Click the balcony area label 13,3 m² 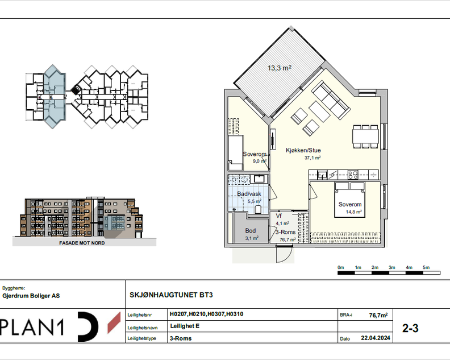[280, 68]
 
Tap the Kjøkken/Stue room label [303, 150]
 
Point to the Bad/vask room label [249, 194]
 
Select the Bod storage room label [251, 231]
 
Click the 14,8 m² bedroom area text [353, 212]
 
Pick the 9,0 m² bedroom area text [260, 161]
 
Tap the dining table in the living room [366, 136]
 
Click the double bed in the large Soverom [349, 200]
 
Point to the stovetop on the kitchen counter [353, 175]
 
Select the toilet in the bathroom [258, 209]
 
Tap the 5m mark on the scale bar [426, 267]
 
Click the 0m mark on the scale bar [341, 267]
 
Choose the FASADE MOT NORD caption [82, 243]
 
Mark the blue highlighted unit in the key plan [53, 96]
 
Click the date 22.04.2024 [376, 338]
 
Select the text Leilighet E [185, 326]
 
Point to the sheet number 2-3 [410, 328]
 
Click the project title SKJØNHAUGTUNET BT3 [171, 295]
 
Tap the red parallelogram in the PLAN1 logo [114, 323]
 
